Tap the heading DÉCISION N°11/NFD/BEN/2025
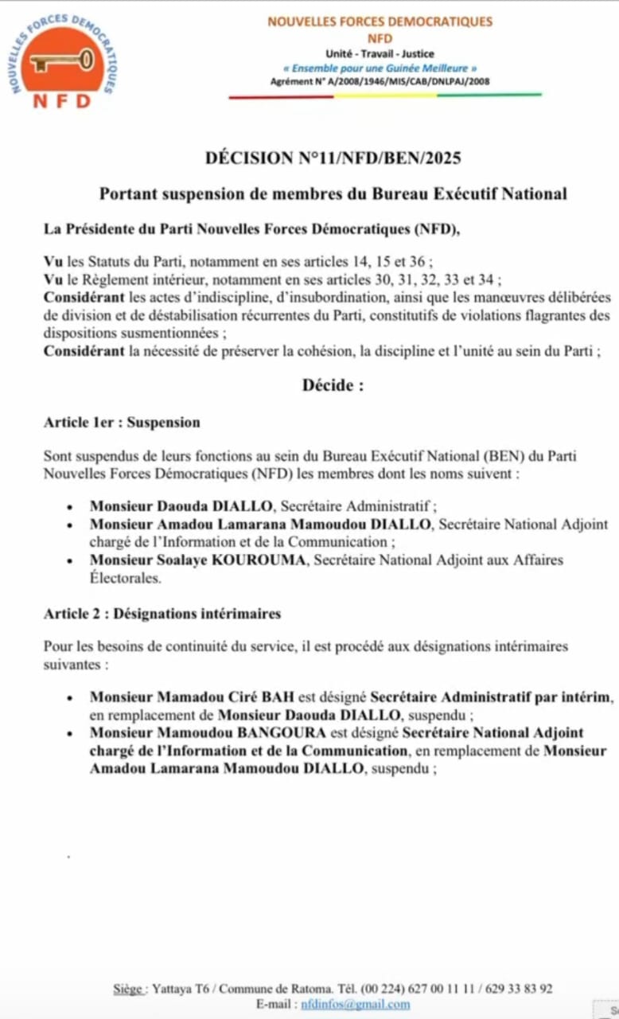(333, 158)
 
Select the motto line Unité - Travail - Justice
(380, 53)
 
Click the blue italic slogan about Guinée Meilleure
(380, 68)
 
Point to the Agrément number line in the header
(380, 81)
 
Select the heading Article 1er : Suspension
(122, 422)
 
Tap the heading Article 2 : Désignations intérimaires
(162, 614)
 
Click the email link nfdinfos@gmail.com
(356, 1004)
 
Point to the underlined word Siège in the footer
(128, 989)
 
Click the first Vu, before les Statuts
(53, 261)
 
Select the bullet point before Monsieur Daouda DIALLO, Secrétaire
(71, 506)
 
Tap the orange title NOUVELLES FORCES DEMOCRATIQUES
(380, 21)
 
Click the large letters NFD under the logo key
(62, 101)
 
